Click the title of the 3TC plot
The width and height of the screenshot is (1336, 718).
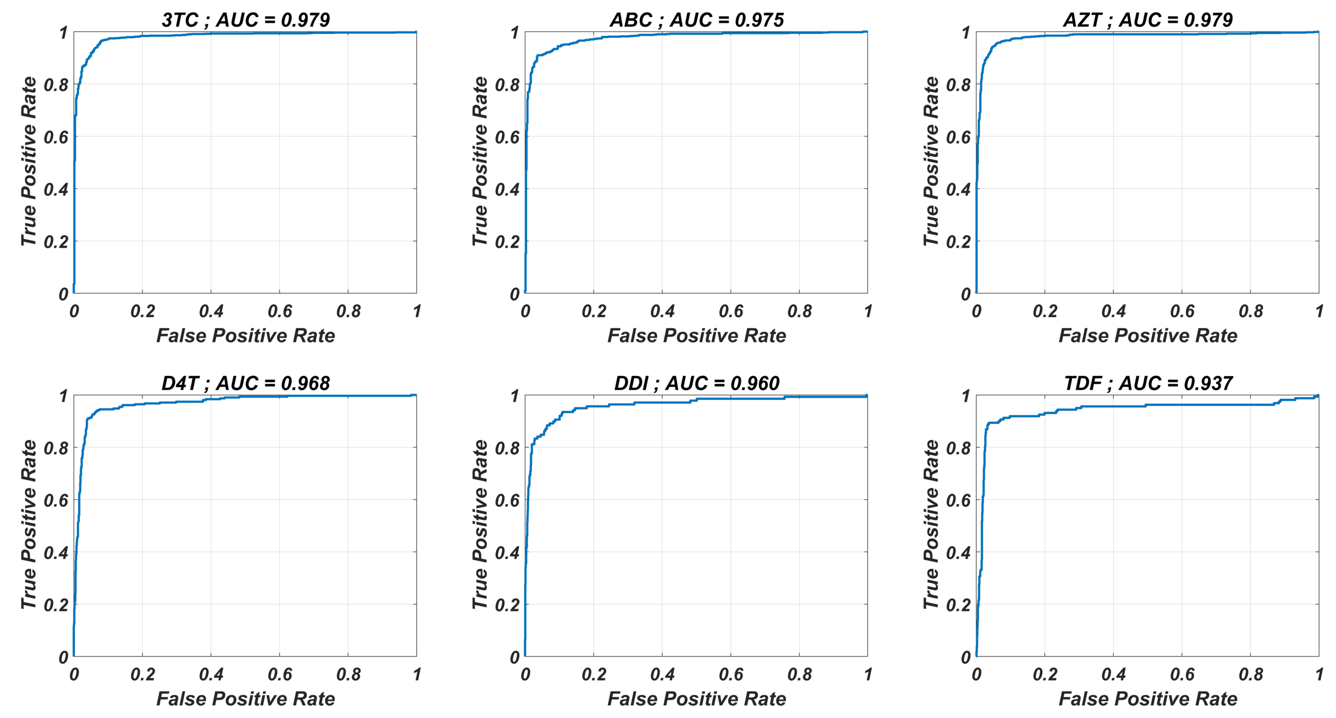(x=245, y=20)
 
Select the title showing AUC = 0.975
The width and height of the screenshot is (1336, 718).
(x=696, y=20)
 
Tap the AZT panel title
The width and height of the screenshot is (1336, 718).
(x=1147, y=20)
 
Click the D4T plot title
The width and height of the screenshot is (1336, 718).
(x=245, y=383)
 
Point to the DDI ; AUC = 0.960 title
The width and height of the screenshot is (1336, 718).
(x=696, y=383)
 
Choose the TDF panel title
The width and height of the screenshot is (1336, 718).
(x=1147, y=383)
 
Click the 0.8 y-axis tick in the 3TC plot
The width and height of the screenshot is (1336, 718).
(x=56, y=85)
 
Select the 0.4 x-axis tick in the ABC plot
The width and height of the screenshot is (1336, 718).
(x=662, y=311)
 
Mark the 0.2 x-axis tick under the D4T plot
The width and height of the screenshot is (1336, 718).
(x=142, y=675)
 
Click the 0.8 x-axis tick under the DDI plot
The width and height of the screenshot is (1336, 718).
(x=799, y=675)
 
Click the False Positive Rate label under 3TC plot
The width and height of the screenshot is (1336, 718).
(x=245, y=335)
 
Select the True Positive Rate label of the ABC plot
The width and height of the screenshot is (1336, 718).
(x=479, y=162)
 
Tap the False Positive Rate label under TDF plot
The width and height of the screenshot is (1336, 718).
(x=1147, y=699)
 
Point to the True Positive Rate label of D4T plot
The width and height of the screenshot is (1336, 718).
(x=28, y=525)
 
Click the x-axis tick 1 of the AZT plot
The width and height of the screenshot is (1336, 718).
(x=1319, y=311)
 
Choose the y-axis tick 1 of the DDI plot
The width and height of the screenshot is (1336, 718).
(x=514, y=397)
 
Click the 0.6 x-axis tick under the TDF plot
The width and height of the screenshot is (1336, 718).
(x=1182, y=675)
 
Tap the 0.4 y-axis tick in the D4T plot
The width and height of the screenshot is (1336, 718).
(x=56, y=553)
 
